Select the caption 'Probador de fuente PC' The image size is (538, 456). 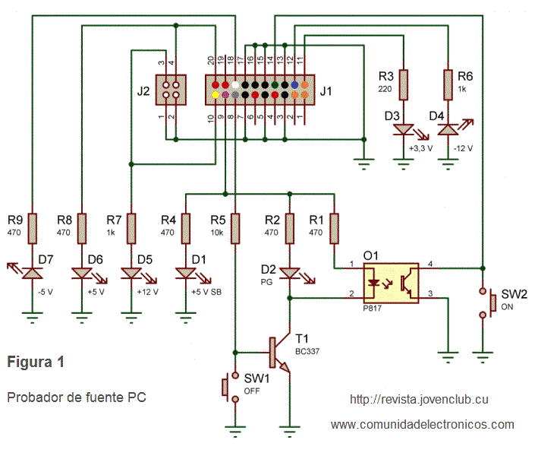tap(76, 397)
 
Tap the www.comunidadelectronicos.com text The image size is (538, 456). tap(422, 424)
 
